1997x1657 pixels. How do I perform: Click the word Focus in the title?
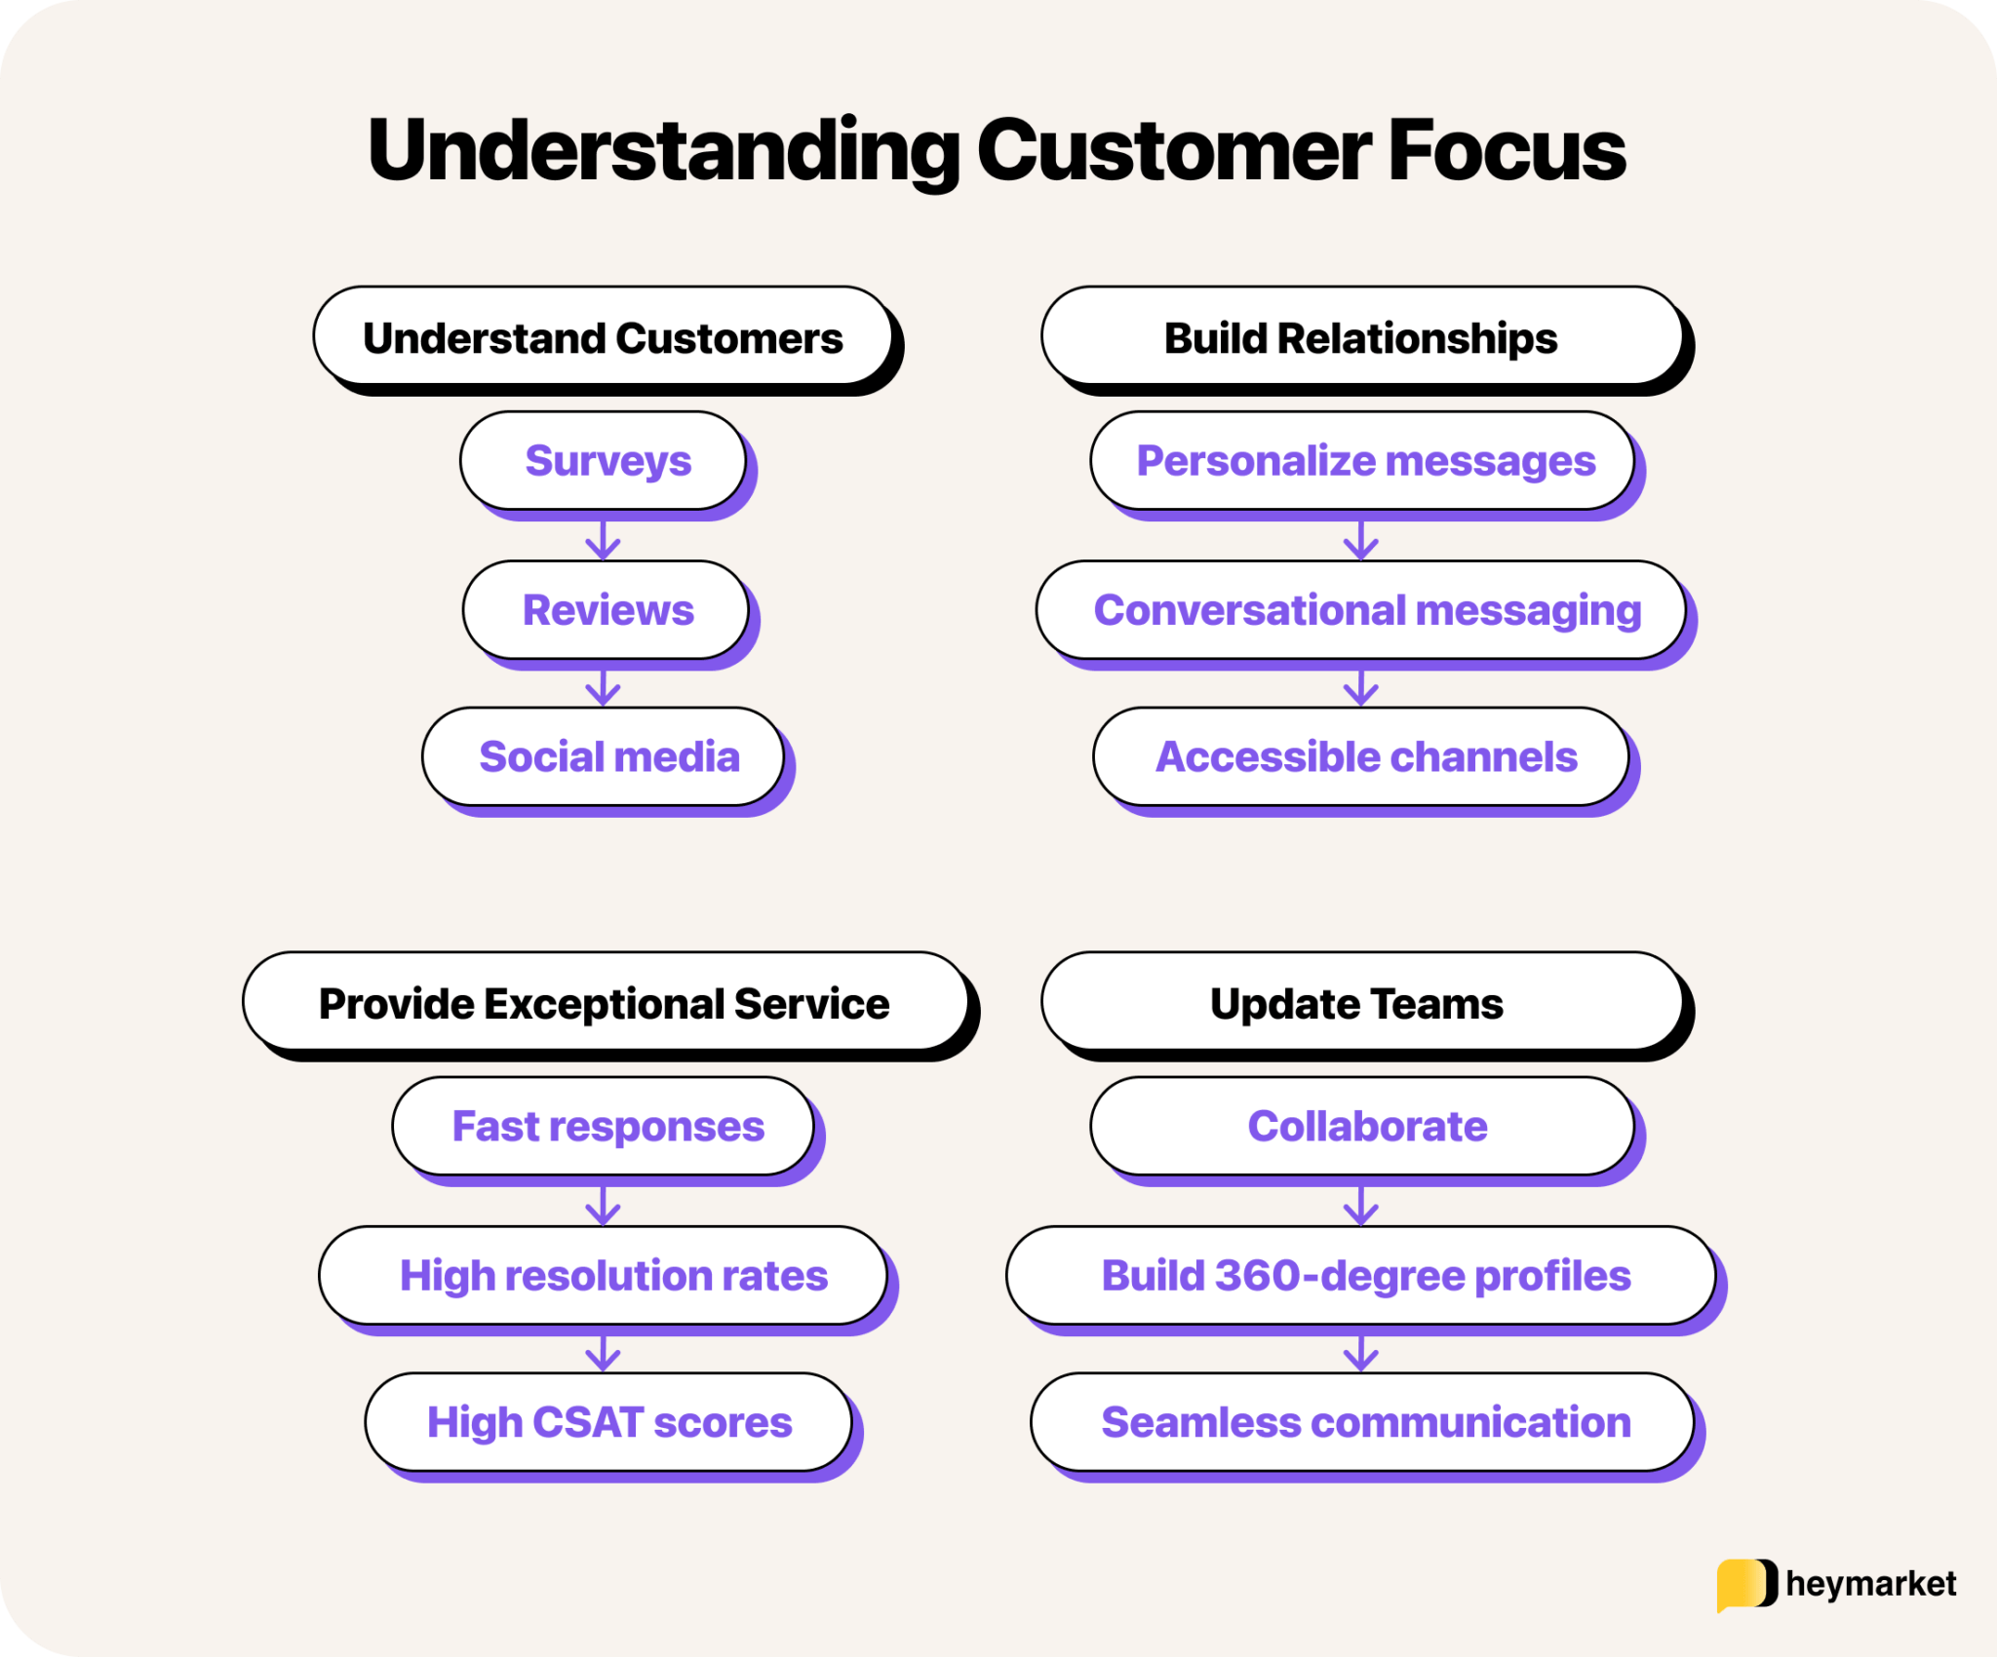coord(1507,151)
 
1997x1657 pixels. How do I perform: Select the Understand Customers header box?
coord(603,337)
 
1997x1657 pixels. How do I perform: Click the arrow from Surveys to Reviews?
coord(604,539)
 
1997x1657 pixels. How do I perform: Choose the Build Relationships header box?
coord(1361,337)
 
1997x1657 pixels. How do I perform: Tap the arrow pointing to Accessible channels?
coord(1361,687)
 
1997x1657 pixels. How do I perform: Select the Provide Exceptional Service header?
coord(605,1003)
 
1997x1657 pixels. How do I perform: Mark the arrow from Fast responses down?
coord(604,1206)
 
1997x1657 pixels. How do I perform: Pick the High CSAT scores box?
coord(608,1422)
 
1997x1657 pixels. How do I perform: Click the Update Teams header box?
coord(1361,1003)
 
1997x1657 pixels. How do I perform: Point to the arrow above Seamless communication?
coord(1361,1353)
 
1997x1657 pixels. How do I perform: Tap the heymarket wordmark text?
coord(1870,1584)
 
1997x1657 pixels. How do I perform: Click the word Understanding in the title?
coord(663,151)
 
